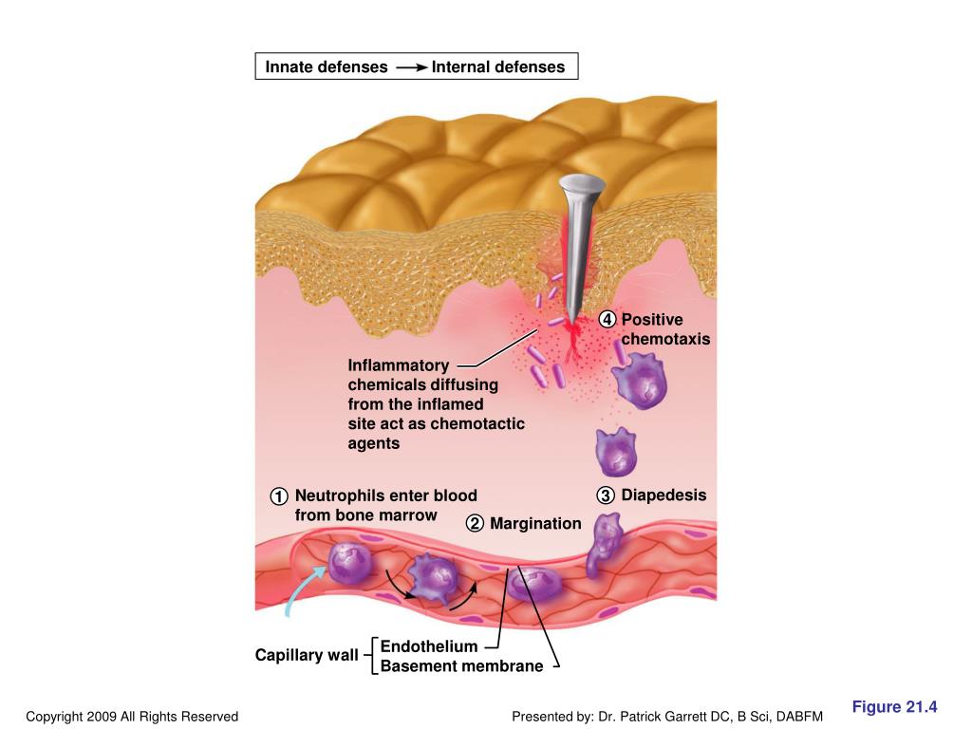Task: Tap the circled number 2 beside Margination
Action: pyautogui.click(x=475, y=524)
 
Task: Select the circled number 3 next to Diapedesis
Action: pyautogui.click(x=606, y=495)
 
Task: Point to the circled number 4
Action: pyautogui.click(x=607, y=320)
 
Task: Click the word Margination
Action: pyautogui.click(x=535, y=524)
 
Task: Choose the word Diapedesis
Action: pyautogui.click(x=664, y=495)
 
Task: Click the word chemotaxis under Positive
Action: pyautogui.click(x=665, y=340)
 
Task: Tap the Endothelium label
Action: pyautogui.click(x=429, y=646)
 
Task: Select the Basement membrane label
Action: pyautogui.click(x=461, y=666)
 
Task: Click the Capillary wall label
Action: pyautogui.click(x=307, y=655)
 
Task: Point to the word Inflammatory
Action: pyautogui.click(x=398, y=365)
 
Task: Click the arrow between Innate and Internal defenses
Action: pyautogui.click(x=410, y=67)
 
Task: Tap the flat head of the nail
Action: pyautogui.click(x=582, y=181)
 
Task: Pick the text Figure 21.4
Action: pyautogui.click(x=894, y=706)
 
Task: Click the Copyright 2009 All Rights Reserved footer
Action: pyautogui.click(x=132, y=717)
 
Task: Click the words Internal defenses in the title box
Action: pyautogui.click(x=497, y=67)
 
